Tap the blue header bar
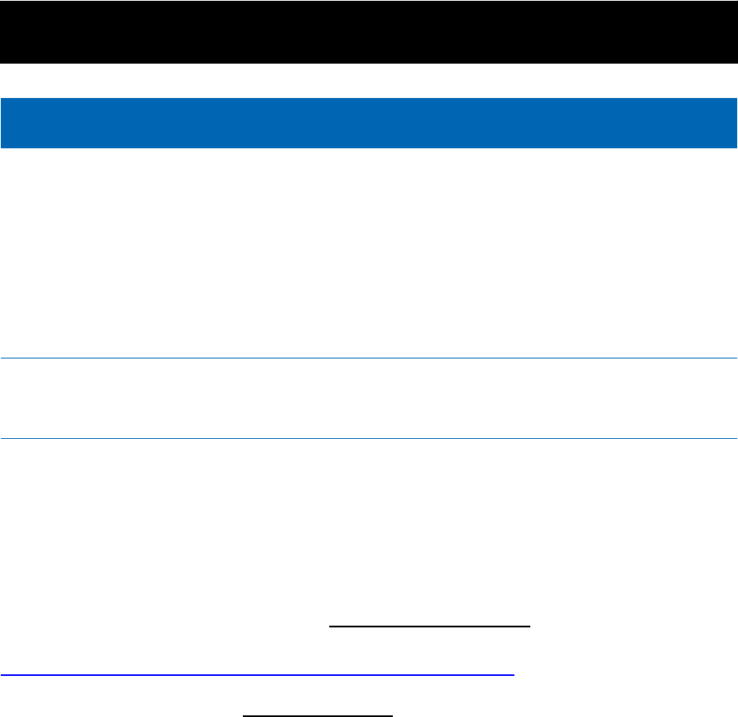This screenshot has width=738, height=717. (369, 122)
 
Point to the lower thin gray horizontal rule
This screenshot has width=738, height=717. (369, 438)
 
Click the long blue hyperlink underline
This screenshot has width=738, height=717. (256, 674)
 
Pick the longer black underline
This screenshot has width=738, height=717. (431, 626)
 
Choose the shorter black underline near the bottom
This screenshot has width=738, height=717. (317, 715)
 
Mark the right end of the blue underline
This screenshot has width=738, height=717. (513, 674)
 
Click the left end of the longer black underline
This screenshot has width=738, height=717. (330, 626)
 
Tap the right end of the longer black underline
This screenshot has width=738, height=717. (531, 626)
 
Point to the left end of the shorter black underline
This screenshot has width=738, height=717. (243, 715)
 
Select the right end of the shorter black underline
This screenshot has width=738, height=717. (392, 715)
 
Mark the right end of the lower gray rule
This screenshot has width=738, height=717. (736, 438)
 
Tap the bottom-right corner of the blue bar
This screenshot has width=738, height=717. (736, 147)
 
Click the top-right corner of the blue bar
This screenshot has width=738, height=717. (736, 99)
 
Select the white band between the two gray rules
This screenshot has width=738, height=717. (369, 399)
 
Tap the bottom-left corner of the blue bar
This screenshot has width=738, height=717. (1, 147)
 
